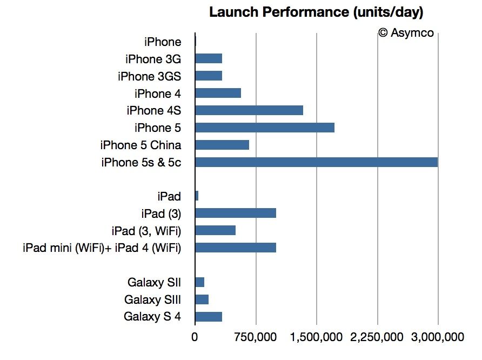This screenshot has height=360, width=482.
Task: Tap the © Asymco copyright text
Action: pos(405,32)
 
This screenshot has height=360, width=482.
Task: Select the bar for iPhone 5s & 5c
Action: pos(316,162)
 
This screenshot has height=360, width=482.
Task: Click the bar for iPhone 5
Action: pos(265,128)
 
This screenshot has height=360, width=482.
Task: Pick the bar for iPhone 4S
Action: pos(249,110)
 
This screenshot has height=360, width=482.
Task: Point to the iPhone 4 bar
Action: pos(218,93)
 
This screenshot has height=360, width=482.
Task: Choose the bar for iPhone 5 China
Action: pos(222,145)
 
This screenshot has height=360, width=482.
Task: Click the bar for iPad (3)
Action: pos(236,213)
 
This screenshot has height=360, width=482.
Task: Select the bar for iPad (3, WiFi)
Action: pos(215,230)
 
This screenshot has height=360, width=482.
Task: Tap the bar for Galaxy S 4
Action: pos(209,317)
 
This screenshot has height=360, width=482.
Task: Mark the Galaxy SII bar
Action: pos(199,282)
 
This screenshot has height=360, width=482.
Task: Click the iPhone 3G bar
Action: pos(209,58)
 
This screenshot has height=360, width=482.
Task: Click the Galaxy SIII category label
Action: pos(152,299)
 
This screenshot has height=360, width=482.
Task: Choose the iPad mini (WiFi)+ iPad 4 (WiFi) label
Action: pos(102,248)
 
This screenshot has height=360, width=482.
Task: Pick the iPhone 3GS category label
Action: pos(149,76)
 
